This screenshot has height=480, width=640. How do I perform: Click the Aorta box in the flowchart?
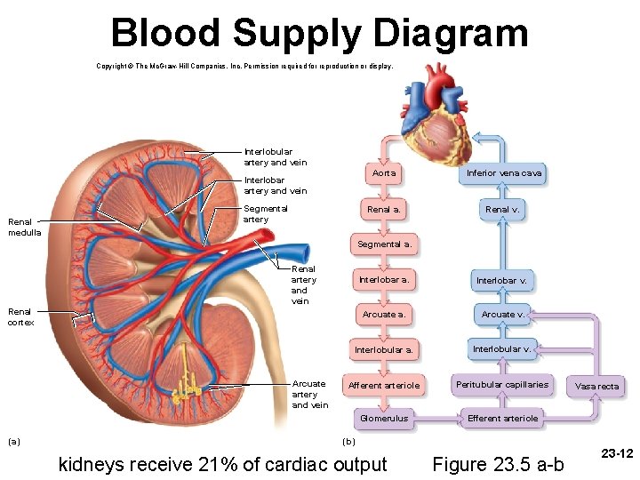point(384,172)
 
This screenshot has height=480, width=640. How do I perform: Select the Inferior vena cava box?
point(504,172)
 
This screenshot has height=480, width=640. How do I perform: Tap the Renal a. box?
point(384,210)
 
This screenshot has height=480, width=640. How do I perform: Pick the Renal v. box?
point(502,210)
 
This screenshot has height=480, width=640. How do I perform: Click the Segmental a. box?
point(384,244)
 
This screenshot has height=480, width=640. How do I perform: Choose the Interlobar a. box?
point(384,280)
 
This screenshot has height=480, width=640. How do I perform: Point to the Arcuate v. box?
point(502,314)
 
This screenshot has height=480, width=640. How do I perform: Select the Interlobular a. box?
point(384,350)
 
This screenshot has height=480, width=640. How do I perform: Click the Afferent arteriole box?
point(384,385)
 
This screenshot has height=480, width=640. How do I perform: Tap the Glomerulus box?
point(384,419)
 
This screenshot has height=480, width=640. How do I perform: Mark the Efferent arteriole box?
point(502,419)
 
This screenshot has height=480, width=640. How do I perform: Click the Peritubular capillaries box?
point(502,384)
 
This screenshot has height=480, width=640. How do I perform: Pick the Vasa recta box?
point(597,386)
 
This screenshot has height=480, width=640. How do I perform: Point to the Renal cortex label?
point(20,316)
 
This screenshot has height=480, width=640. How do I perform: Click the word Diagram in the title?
point(450,34)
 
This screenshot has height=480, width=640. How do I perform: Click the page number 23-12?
point(617,453)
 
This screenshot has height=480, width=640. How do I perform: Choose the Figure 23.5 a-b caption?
point(497,464)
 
